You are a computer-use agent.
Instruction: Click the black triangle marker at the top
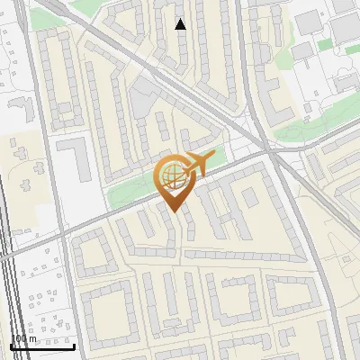[181, 24]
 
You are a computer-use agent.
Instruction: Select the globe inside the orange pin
[172, 177]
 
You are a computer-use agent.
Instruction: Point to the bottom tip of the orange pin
[172, 211]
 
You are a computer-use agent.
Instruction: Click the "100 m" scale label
[24, 338]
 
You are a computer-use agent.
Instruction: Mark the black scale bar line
[42, 346]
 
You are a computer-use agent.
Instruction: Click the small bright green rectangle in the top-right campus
[324, 44]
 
